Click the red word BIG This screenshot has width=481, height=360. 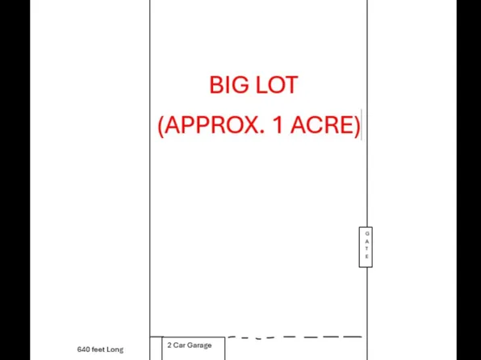point(228,85)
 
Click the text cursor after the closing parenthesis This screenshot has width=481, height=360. point(361,126)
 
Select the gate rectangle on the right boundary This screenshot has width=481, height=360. point(366,246)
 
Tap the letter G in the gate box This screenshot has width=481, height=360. point(367,233)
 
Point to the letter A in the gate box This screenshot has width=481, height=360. point(367,241)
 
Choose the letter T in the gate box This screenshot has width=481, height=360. point(367,249)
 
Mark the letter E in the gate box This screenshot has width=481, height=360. point(367,257)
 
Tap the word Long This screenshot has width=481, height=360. point(115,350)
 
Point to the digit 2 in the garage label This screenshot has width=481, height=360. point(169,345)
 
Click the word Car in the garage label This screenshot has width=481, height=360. point(179,345)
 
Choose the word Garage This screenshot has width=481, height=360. point(199,345)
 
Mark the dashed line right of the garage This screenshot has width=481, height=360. point(295,337)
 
